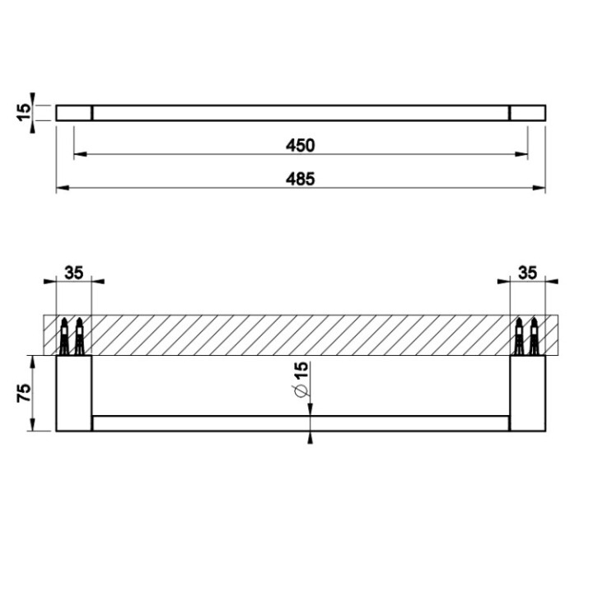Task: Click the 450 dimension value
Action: click(301, 145)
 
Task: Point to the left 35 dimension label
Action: click(73, 273)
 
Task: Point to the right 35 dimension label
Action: click(528, 273)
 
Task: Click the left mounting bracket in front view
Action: click(73, 394)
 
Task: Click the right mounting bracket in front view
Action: click(528, 394)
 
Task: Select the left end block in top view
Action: click(73, 113)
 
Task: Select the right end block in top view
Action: click(528, 113)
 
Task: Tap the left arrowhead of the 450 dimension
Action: click(78, 154)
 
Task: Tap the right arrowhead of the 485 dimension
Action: click(540, 189)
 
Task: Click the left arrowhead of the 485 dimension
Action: click(61, 189)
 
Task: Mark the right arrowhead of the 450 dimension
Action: click(523, 154)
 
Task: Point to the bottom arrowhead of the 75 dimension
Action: click(32, 426)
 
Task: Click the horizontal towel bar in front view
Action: click(301, 423)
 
